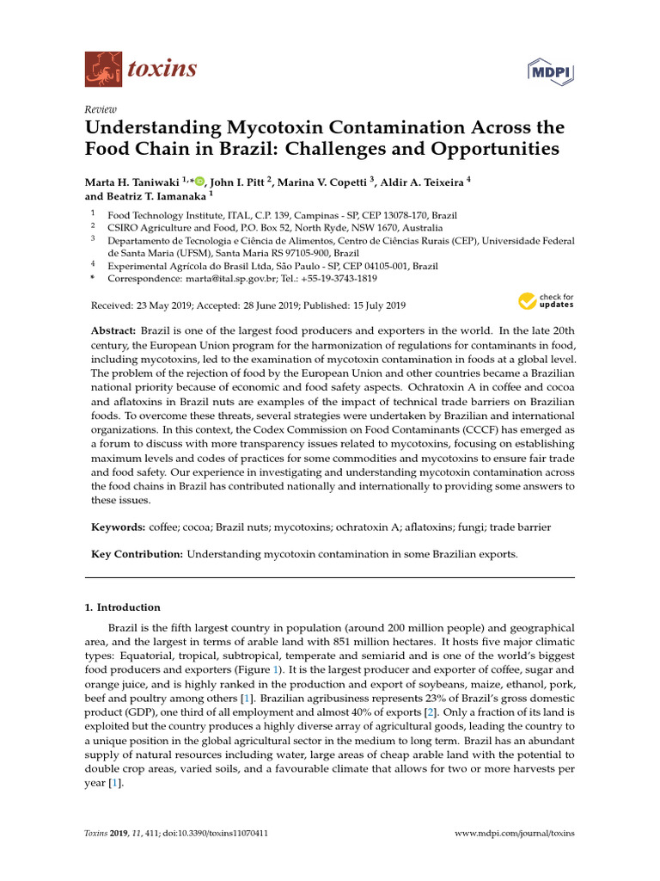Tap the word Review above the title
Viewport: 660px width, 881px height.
pyautogui.click(x=101, y=109)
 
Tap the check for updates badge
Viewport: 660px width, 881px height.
pyautogui.click(x=545, y=301)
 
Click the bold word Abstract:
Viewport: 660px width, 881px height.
pyautogui.click(x=113, y=331)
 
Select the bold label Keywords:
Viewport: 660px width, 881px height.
pyautogui.click(x=118, y=527)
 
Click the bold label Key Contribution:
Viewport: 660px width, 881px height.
pyautogui.click(x=137, y=554)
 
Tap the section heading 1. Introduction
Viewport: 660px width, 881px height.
pyautogui.click(x=122, y=607)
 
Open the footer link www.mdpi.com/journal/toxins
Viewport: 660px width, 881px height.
pyautogui.click(x=513, y=834)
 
